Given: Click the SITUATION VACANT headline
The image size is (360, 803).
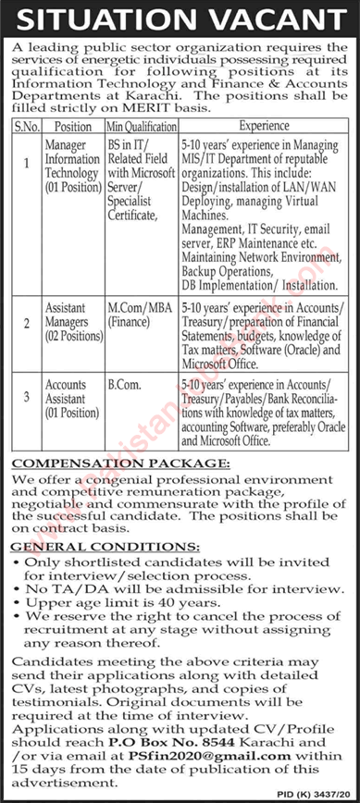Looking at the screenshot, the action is click(x=180, y=18).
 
